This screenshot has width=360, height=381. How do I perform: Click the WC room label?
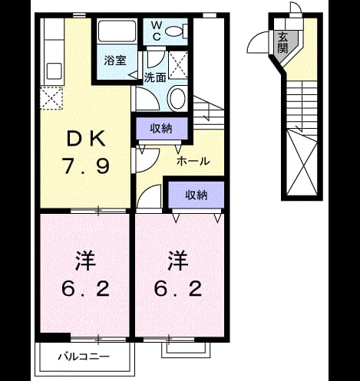[157, 31]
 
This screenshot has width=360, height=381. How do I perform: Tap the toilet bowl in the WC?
[177, 31]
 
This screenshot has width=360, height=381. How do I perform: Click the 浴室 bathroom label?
[115, 61]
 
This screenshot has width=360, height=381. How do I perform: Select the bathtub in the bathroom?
[117, 31]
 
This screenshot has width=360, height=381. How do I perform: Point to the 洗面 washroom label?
[155, 77]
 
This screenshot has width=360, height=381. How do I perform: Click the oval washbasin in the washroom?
[177, 98]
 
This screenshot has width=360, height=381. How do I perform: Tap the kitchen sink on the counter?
[54, 71]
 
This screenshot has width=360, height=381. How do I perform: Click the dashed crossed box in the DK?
[51, 98]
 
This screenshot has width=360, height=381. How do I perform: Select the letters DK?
[86, 139]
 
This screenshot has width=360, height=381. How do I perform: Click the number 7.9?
[86, 166]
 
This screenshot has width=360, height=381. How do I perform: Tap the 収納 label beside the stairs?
[161, 128]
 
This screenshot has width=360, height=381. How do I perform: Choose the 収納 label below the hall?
[197, 195]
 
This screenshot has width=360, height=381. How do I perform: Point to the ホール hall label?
[193, 161]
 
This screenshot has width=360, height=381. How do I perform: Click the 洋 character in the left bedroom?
[85, 261]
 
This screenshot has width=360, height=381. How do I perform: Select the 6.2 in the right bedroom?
[178, 288]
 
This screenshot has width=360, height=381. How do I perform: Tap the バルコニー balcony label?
[84, 356]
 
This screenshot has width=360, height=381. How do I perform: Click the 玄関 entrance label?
[282, 42]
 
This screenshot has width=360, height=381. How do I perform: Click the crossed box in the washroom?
[178, 64]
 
